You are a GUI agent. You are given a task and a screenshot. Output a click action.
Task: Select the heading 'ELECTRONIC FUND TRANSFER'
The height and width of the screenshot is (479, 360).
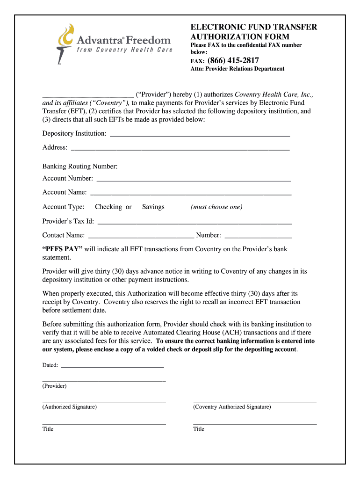[253, 27]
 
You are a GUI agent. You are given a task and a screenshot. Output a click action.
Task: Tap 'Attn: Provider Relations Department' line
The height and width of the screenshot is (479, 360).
[237, 69]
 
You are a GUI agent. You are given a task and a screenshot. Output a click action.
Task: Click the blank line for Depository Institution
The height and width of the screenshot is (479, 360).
[200, 135]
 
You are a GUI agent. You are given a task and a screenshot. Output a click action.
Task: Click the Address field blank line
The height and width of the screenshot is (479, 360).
[180, 149]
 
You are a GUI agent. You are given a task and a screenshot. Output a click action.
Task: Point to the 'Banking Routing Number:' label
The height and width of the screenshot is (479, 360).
[80, 167]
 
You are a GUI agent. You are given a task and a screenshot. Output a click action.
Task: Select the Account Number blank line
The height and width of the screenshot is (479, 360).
[193, 180]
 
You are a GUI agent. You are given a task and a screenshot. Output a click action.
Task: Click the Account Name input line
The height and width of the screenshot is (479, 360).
[191, 194]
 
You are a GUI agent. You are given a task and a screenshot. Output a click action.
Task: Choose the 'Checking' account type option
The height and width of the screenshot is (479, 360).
[108, 207]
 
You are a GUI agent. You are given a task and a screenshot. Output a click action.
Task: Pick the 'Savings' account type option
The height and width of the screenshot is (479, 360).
[153, 207]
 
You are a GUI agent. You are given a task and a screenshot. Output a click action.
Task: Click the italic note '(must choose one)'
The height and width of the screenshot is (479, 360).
[216, 207]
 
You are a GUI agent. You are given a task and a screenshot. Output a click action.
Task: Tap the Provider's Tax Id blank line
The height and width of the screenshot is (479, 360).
[194, 223]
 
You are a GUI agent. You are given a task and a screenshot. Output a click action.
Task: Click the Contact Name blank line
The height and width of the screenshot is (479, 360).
[141, 237]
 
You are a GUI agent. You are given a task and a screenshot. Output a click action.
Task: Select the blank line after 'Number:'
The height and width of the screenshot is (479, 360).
[258, 237]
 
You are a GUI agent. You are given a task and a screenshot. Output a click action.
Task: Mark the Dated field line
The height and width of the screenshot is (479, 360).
[112, 366]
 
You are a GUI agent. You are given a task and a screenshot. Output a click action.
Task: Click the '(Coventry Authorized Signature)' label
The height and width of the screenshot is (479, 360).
[232, 407]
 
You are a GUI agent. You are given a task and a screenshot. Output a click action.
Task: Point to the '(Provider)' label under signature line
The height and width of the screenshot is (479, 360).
[54, 386]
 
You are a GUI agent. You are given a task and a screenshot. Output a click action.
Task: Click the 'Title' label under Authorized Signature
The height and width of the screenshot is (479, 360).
[48, 429]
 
